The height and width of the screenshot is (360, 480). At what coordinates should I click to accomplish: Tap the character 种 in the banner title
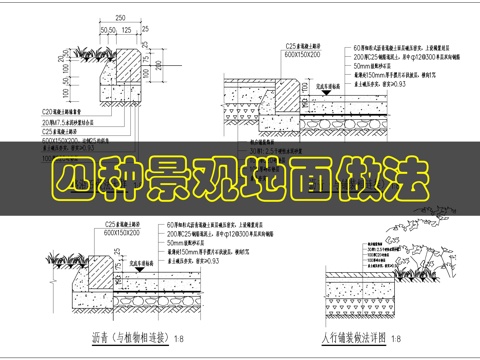(x=125, y=182)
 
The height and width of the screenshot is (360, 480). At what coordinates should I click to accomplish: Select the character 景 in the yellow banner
(x=171, y=182)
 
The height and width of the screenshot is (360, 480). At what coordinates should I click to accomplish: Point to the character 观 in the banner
(x=218, y=182)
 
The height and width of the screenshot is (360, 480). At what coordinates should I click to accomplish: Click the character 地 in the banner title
(x=265, y=182)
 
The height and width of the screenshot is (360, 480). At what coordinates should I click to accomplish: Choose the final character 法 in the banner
(x=404, y=182)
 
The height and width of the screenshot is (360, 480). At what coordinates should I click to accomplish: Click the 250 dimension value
(x=120, y=19)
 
